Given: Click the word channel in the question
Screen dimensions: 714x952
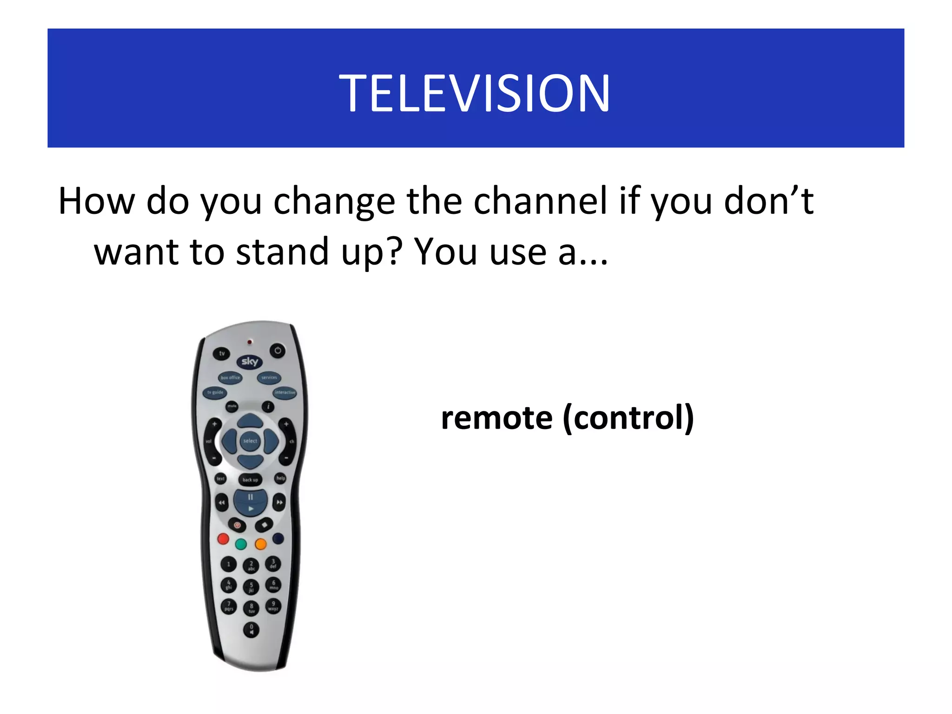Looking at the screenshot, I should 540,201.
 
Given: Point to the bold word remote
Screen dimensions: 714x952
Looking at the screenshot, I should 496,417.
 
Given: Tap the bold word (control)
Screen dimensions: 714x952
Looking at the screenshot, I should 628,417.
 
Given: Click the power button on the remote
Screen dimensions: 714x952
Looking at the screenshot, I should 278,350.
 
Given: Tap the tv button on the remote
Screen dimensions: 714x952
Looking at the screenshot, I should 222,353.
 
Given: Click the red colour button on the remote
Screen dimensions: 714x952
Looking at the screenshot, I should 223,539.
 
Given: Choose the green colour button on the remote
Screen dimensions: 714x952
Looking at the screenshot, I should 241,544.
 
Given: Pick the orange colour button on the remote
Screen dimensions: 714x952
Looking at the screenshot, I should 261,544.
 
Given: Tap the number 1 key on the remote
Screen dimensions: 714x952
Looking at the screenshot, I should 228,564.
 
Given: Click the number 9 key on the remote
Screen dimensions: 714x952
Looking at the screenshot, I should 273,606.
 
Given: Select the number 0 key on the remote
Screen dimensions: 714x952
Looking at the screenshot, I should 251,629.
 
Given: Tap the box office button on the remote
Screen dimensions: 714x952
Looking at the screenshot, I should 230,377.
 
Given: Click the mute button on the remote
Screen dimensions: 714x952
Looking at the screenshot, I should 231,407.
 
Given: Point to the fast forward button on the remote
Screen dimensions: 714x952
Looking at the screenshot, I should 279,502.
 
